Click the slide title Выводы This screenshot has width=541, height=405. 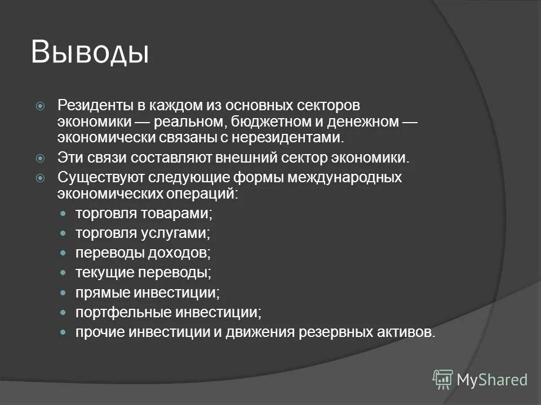pyautogui.click(x=90, y=52)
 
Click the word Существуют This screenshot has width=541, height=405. pyautogui.click(x=101, y=178)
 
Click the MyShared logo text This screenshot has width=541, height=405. pyautogui.click(x=491, y=380)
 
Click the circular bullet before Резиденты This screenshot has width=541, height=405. pyautogui.click(x=41, y=106)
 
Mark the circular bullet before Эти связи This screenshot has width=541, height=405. pyautogui.click(x=41, y=159)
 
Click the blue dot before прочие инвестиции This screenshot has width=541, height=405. pyautogui.click(x=64, y=332)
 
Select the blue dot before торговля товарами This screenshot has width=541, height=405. pyautogui.click(x=64, y=214)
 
